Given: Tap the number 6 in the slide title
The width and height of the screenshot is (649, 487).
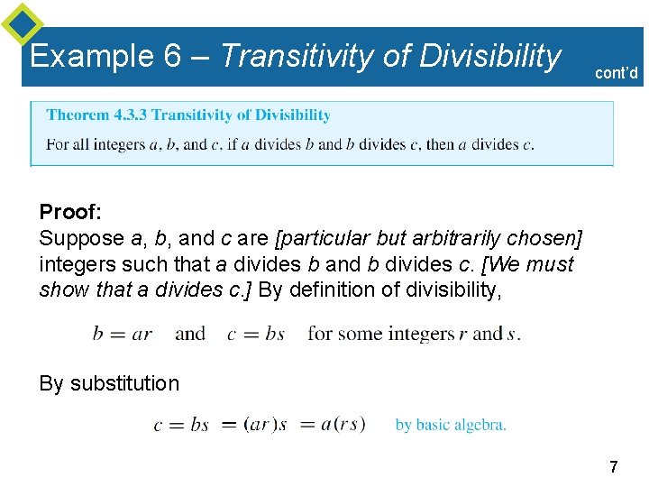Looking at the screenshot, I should click(173, 57).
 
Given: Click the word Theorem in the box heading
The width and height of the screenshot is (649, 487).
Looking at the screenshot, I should click(77, 115).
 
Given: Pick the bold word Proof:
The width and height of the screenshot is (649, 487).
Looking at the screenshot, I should click(70, 212).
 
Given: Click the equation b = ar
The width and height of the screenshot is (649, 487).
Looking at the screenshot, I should click(123, 334).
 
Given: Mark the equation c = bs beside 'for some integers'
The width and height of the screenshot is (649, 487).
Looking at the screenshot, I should click(256, 334).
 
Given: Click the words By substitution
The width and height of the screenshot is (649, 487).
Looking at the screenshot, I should click(109, 383).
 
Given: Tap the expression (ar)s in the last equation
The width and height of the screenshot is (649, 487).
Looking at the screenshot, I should click(265, 424).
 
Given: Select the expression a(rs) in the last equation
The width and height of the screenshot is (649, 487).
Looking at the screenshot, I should click(343, 424).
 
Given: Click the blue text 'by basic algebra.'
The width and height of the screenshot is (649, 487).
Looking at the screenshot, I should click(451, 425).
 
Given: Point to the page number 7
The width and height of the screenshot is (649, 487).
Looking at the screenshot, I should click(614, 467).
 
